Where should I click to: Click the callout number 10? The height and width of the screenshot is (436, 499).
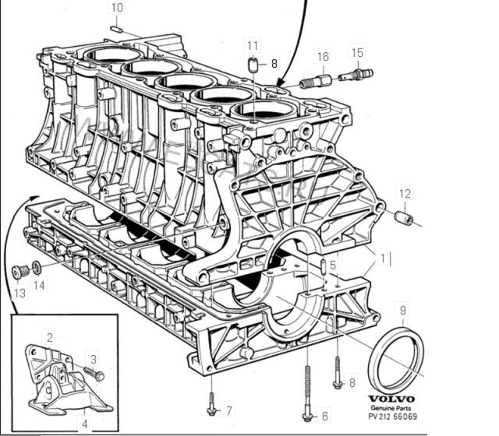117,8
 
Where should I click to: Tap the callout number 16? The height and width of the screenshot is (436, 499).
322,56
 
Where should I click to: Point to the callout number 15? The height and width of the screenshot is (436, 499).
357,53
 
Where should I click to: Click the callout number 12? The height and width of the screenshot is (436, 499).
405,193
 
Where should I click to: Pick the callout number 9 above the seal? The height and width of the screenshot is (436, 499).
403,311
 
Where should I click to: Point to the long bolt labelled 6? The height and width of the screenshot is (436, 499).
308,393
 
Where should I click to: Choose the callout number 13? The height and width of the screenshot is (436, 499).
19,293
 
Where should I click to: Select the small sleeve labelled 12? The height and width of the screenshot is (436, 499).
405,216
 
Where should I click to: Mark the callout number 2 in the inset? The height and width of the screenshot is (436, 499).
50,337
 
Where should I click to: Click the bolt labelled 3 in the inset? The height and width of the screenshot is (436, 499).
95,374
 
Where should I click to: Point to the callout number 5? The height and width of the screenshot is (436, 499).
332,265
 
